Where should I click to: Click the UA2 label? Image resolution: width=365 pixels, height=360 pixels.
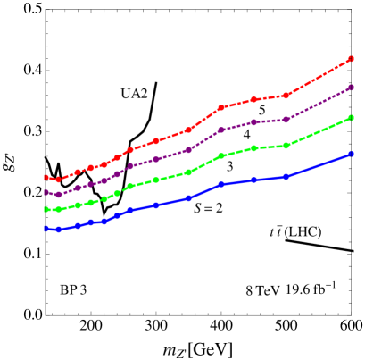point(134,93)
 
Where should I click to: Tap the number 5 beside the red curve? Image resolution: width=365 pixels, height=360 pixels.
point(262,109)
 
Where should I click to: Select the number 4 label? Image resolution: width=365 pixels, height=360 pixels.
point(247,134)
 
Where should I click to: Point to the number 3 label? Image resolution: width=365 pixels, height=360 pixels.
point(230,166)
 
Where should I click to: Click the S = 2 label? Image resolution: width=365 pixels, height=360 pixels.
point(208,207)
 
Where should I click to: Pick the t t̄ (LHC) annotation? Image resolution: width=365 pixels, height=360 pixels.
point(295,231)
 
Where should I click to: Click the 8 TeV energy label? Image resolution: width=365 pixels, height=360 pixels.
point(263,289)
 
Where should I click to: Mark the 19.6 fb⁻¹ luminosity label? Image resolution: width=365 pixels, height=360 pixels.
point(311,288)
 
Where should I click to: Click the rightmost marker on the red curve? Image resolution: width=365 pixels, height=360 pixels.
point(352,59)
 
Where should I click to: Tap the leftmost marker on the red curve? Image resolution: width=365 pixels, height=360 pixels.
point(46,177)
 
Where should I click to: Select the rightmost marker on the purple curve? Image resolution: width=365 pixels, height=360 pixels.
point(352,88)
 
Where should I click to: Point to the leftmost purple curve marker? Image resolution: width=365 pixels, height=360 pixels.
point(46,191)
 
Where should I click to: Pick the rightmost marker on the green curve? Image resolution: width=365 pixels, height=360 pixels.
point(352,118)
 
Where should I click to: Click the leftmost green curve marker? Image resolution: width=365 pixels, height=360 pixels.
point(46,209)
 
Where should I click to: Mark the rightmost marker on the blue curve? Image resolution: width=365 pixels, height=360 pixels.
point(352,154)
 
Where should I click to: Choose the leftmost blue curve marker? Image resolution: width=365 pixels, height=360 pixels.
point(46,229)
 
